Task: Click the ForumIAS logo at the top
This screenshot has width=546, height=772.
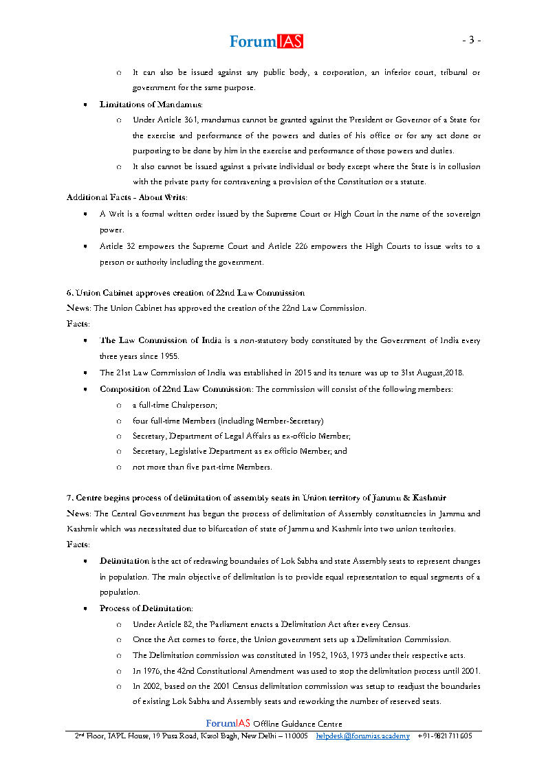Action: click(x=266, y=41)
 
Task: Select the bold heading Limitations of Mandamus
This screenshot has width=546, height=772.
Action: click(x=151, y=104)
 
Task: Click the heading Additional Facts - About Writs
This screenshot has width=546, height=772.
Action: click(x=127, y=197)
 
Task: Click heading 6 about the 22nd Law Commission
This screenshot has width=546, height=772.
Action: click(x=185, y=293)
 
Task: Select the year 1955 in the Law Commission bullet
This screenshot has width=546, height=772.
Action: click(x=168, y=356)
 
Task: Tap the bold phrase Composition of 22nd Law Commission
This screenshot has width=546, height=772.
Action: click(x=175, y=389)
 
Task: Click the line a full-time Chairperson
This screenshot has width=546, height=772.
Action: click(x=165, y=405)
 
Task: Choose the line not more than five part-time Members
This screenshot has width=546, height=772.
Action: click(x=202, y=467)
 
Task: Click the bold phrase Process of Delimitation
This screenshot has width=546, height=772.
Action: click(x=146, y=608)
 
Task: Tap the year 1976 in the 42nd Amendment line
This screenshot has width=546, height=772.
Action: click(x=151, y=671)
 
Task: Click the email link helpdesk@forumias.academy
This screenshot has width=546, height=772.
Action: click(x=362, y=736)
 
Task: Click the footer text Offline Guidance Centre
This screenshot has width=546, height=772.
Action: click(x=297, y=723)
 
